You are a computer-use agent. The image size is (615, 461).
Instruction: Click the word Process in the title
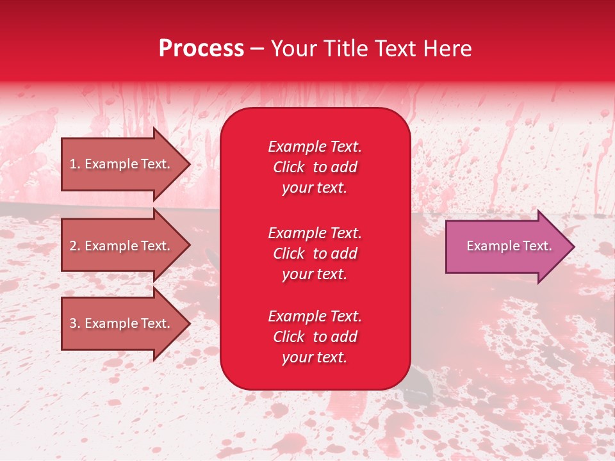(x=201, y=49)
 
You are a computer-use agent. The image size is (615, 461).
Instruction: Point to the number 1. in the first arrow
(x=75, y=164)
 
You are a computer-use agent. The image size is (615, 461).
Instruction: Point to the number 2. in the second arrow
(x=75, y=246)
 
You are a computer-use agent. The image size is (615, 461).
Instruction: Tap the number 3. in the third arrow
(x=75, y=323)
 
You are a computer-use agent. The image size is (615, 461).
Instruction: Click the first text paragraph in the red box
(x=315, y=167)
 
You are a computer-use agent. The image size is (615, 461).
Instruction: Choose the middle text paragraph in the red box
(x=315, y=254)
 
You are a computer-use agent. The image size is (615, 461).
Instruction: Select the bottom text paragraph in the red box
(x=315, y=337)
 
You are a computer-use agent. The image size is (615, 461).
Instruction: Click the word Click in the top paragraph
(x=289, y=167)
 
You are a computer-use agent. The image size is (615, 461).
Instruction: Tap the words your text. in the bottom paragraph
(x=315, y=357)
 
